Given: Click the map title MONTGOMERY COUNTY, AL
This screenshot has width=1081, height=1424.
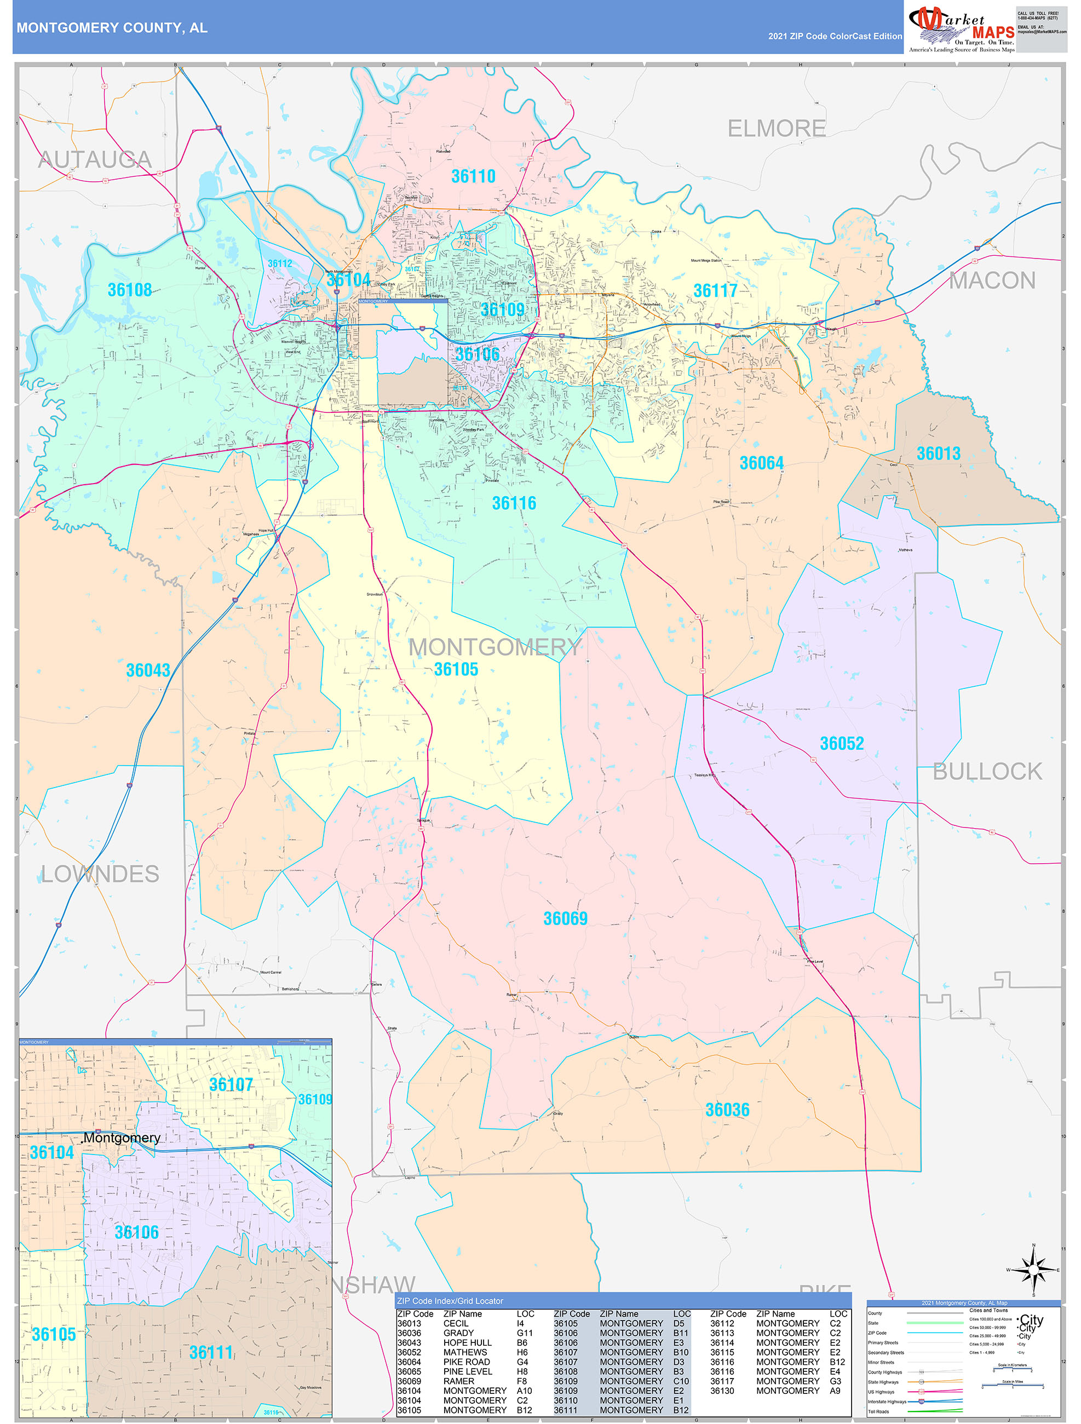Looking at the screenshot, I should (112, 28).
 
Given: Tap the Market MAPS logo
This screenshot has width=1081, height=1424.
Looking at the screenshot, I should (961, 30).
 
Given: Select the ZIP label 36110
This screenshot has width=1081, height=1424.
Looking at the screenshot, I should (473, 176).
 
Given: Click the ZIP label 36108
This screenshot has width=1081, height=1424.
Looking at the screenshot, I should (129, 290).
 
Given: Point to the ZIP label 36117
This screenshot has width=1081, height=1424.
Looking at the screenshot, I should (715, 291).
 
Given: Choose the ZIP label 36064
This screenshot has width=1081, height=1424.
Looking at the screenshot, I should (761, 463).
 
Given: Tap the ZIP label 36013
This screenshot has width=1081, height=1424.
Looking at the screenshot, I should (938, 453).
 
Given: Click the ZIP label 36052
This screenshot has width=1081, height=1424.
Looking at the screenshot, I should (842, 744).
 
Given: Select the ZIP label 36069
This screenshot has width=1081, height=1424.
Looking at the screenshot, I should (565, 918).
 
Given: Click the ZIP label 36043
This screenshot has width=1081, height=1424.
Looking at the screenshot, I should (148, 670).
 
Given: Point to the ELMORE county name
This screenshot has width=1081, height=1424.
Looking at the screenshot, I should (776, 129).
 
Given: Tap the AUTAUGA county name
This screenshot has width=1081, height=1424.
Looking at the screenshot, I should (95, 160).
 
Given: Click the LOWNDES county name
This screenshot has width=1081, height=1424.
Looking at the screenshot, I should (100, 874).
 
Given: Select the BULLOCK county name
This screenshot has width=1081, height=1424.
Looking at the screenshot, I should (987, 771).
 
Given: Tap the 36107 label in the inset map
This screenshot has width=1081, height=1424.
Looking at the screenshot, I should (231, 1085).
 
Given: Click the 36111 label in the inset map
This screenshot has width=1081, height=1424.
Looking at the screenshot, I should (210, 1353).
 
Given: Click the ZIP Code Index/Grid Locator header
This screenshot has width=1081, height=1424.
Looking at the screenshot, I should (450, 1301).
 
